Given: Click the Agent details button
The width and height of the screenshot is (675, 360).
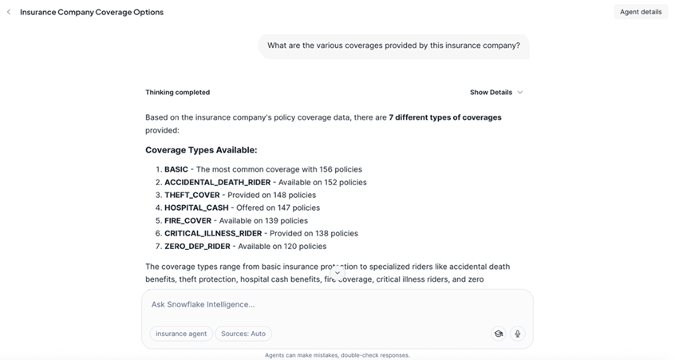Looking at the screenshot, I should [641, 12].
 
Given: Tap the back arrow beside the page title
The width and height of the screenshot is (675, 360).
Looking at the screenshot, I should [9, 12].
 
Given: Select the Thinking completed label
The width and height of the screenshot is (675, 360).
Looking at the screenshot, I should [177, 93].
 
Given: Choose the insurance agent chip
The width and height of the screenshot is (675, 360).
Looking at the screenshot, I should [181, 334].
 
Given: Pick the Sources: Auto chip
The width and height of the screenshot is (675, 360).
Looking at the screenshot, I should [243, 334].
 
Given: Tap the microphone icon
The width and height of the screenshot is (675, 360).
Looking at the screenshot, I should [517, 334].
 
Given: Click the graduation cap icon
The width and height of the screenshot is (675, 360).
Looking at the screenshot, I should [499, 334].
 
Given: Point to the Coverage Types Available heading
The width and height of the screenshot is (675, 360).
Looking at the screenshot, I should [201, 150].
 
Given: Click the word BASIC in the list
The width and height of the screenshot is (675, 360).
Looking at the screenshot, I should [176, 169].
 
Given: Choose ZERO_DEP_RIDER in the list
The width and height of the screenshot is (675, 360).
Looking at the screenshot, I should [197, 246].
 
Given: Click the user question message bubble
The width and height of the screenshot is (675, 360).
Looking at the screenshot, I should [393, 45].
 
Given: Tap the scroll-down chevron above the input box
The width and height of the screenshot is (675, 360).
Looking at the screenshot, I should [337, 273].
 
